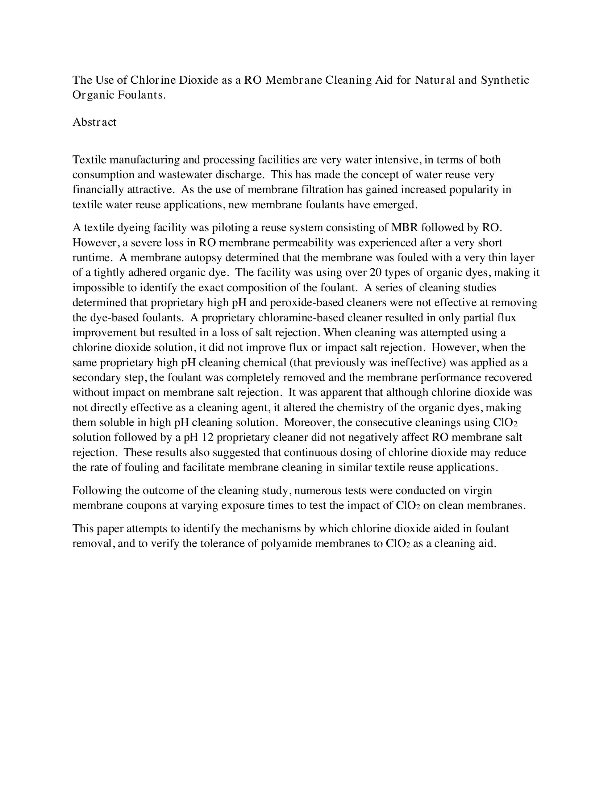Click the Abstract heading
click(94, 122)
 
